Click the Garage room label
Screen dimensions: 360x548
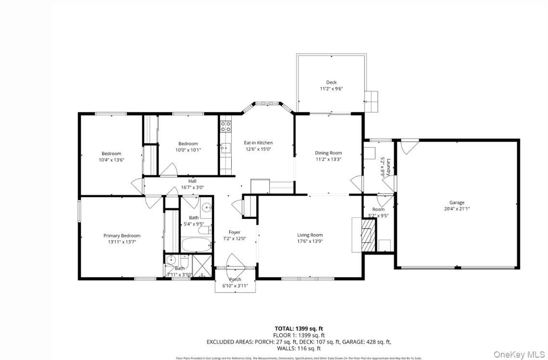tap(457, 202)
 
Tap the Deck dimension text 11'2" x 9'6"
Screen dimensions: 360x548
tap(331, 89)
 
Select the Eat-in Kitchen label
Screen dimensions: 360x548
tap(258, 143)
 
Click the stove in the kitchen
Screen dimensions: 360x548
tap(225, 126)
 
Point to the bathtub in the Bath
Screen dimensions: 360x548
tap(196, 244)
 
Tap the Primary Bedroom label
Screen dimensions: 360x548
tap(122, 236)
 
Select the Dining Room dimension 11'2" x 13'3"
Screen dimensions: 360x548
tap(328, 159)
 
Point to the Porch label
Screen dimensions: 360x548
tap(235, 280)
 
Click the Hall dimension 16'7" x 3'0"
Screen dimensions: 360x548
tap(192, 187)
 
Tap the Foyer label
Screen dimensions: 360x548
tap(235, 232)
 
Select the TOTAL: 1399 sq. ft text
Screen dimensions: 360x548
tap(299, 328)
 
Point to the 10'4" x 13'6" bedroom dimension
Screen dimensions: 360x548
tap(111, 160)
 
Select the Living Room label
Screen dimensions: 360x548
tap(310, 235)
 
